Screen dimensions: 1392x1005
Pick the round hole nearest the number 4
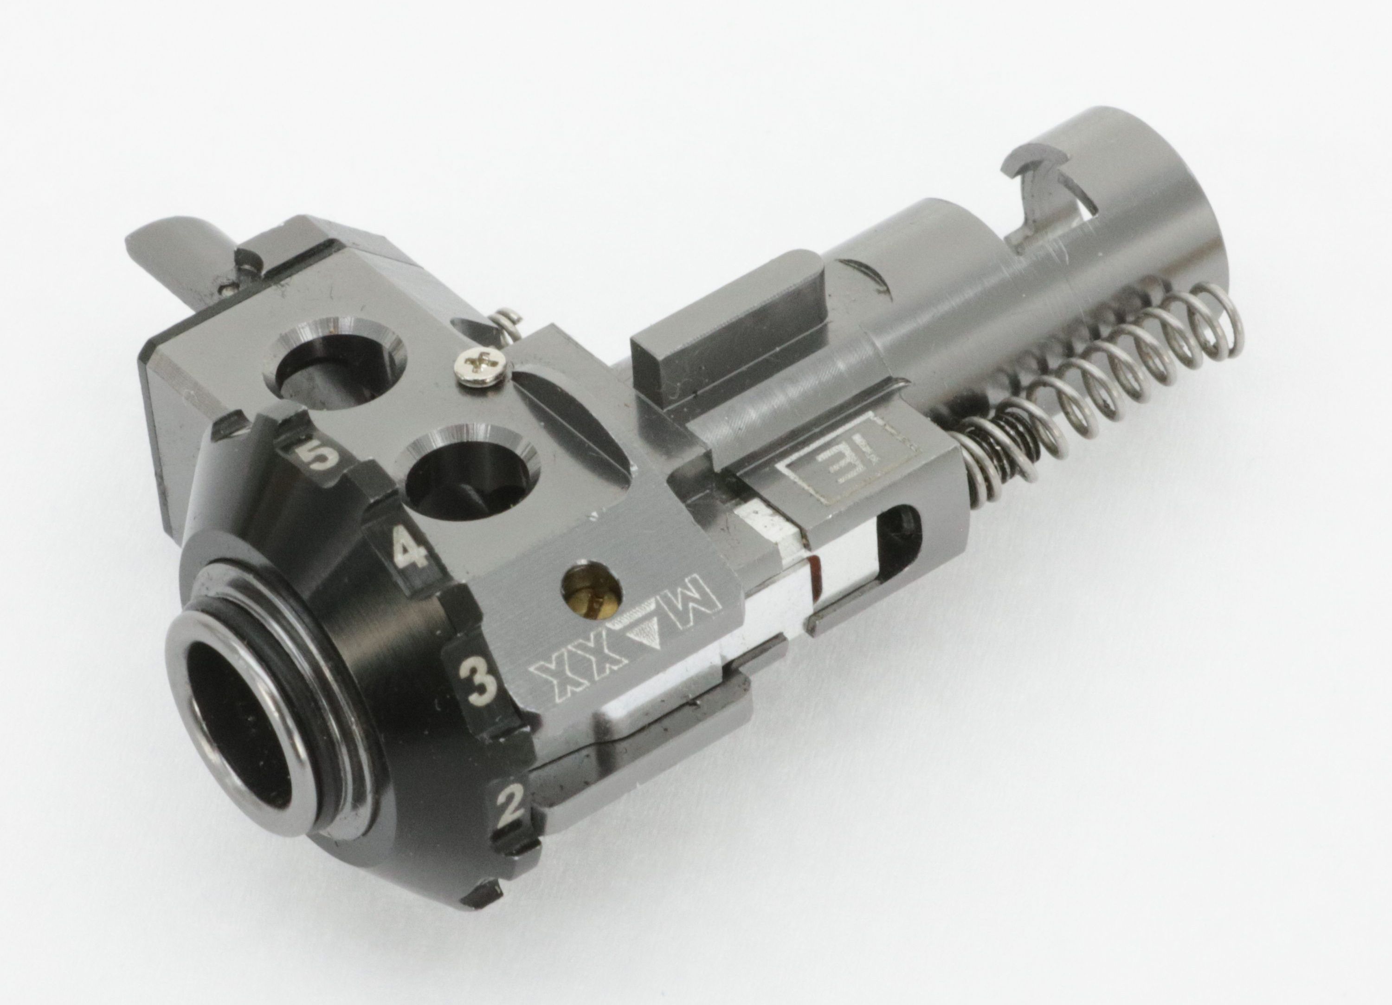coord(469,472)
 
